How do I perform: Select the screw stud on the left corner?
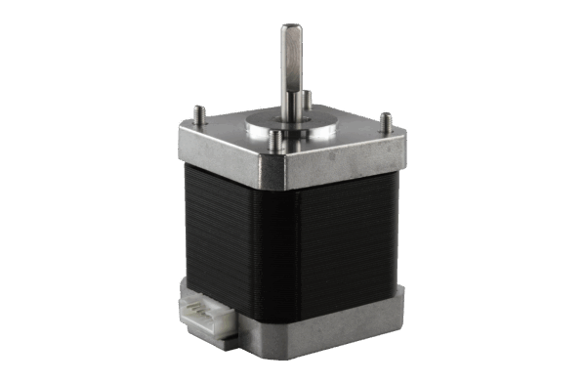tap(197, 112)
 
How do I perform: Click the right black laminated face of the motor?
tap(347, 244)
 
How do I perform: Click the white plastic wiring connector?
tap(205, 313)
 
